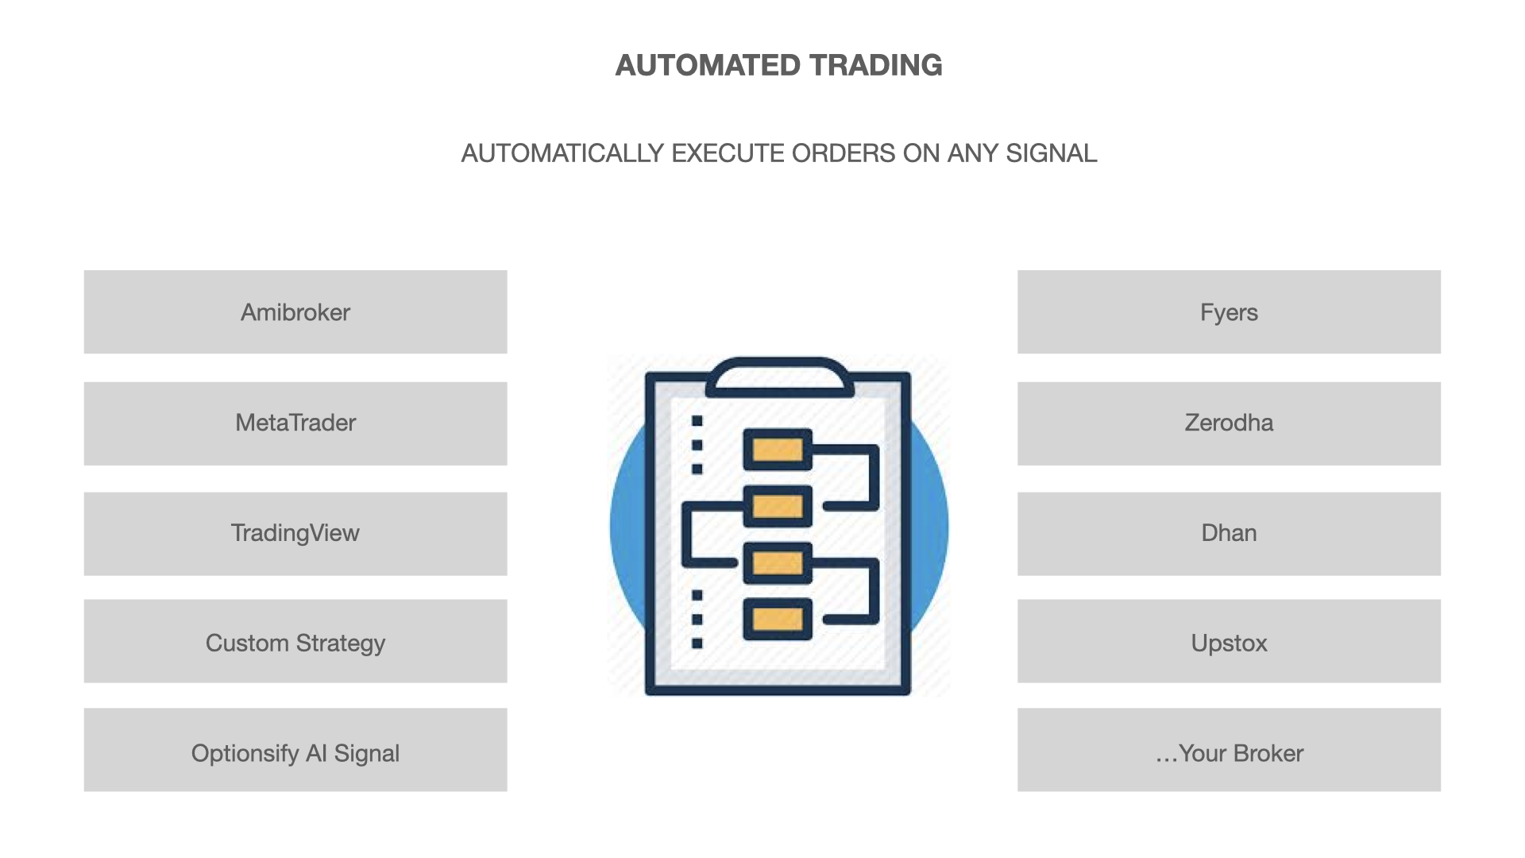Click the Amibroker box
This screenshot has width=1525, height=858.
click(295, 311)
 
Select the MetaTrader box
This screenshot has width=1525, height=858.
click(295, 423)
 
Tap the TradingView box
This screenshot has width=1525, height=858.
click(295, 534)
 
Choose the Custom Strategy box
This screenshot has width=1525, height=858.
click(295, 641)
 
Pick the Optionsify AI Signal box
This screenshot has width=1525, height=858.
click(295, 750)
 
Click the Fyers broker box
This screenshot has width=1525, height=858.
click(1229, 311)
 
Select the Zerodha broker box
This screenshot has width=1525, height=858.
click(1229, 423)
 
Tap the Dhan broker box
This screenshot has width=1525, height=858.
click(1229, 534)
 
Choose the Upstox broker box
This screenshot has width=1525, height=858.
click(1229, 641)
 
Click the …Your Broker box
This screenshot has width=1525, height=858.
click(1229, 750)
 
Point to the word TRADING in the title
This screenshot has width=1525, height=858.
click(876, 65)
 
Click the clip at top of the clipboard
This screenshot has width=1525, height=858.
click(779, 377)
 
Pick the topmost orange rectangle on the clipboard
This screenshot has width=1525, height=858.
click(778, 450)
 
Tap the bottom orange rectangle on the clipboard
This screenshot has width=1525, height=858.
click(778, 619)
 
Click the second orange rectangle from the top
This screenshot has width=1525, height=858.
click(778, 506)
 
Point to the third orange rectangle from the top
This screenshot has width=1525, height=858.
click(778, 563)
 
